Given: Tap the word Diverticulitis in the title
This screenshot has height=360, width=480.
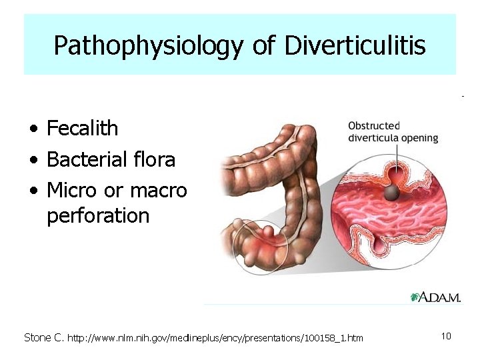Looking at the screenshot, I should pyautogui.click(x=355, y=46).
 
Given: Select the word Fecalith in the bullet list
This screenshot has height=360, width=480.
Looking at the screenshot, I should pyautogui.click(x=82, y=128).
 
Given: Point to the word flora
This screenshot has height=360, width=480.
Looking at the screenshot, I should pyautogui.click(x=154, y=159).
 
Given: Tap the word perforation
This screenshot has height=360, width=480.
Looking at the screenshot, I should pyautogui.click(x=98, y=216).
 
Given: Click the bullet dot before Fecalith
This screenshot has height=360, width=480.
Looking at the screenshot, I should pyautogui.click(x=33, y=129).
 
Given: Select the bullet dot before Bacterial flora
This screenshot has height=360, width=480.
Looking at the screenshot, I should pyautogui.click(x=33, y=160).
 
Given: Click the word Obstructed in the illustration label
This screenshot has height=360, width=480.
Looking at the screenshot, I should pyautogui.click(x=374, y=126).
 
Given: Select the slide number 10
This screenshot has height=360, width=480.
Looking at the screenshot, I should pyautogui.click(x=446, y=336).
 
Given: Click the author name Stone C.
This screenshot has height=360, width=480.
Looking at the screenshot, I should pyautogui.click(x=43, y=337).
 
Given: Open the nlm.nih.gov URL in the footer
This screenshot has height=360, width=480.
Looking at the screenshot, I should pyautogui.click(x=215, y=338).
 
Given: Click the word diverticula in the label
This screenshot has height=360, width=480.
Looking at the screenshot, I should pyautogui.click(x=373, y=138).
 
